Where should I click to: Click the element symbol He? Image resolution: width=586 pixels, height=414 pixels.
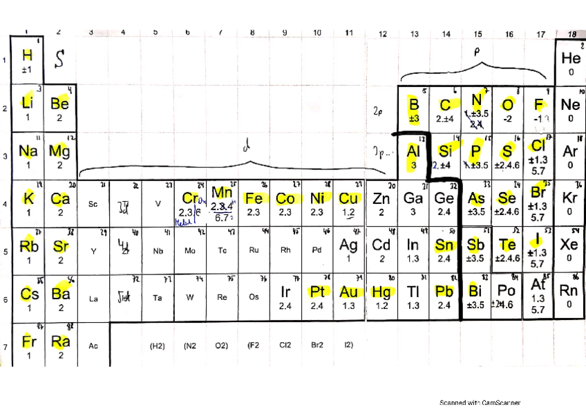(x=571, y=58)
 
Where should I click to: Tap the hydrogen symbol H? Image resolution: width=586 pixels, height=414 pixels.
(x=28, y=55)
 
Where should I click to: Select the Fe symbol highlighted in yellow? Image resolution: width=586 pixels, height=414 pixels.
(x=254, y=198)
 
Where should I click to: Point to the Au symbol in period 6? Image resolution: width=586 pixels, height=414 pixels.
(x=349, y=292)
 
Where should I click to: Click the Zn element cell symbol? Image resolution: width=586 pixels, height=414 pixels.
(x=381, y=198)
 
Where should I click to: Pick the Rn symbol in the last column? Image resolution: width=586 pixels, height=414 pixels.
(x=569, y=291)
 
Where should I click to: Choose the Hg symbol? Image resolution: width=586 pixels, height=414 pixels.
(x=381, y=292)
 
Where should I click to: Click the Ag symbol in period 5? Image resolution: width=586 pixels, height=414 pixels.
(x=349, y=245)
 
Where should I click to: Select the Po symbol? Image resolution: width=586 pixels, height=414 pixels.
(x=507, y=291)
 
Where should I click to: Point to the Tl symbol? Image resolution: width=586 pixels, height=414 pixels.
(x=413, y=292)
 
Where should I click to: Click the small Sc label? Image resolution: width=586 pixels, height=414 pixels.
(x=93, y=204)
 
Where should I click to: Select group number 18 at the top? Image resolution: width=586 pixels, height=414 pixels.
(x=571, y=33)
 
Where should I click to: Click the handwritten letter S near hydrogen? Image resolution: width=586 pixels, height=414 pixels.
(x=60, y=60)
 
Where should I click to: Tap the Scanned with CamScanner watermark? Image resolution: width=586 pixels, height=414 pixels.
(x=480, y=402)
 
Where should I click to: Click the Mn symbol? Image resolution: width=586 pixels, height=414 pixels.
(x=222, y=191)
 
